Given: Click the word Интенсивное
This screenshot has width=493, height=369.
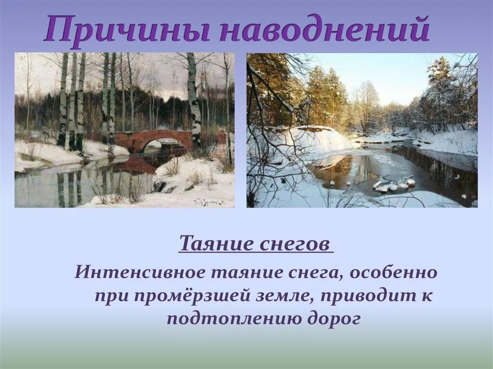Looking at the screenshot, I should click(141, 273).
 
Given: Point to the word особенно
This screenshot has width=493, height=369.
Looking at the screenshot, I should click(393, 273).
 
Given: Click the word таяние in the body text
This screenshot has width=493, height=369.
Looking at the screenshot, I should click(246, 273).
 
